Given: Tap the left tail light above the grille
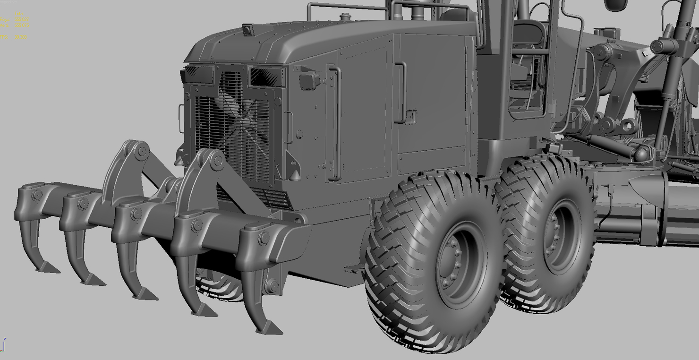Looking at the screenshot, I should (198, 74).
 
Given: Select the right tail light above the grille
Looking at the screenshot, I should (266, 77).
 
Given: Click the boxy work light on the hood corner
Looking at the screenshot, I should (309, 80).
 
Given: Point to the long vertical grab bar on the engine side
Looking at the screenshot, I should (336, 123).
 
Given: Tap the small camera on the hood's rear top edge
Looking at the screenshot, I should (247, 30).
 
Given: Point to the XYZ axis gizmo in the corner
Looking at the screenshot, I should (3, 345).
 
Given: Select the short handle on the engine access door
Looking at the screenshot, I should (401, 92).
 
